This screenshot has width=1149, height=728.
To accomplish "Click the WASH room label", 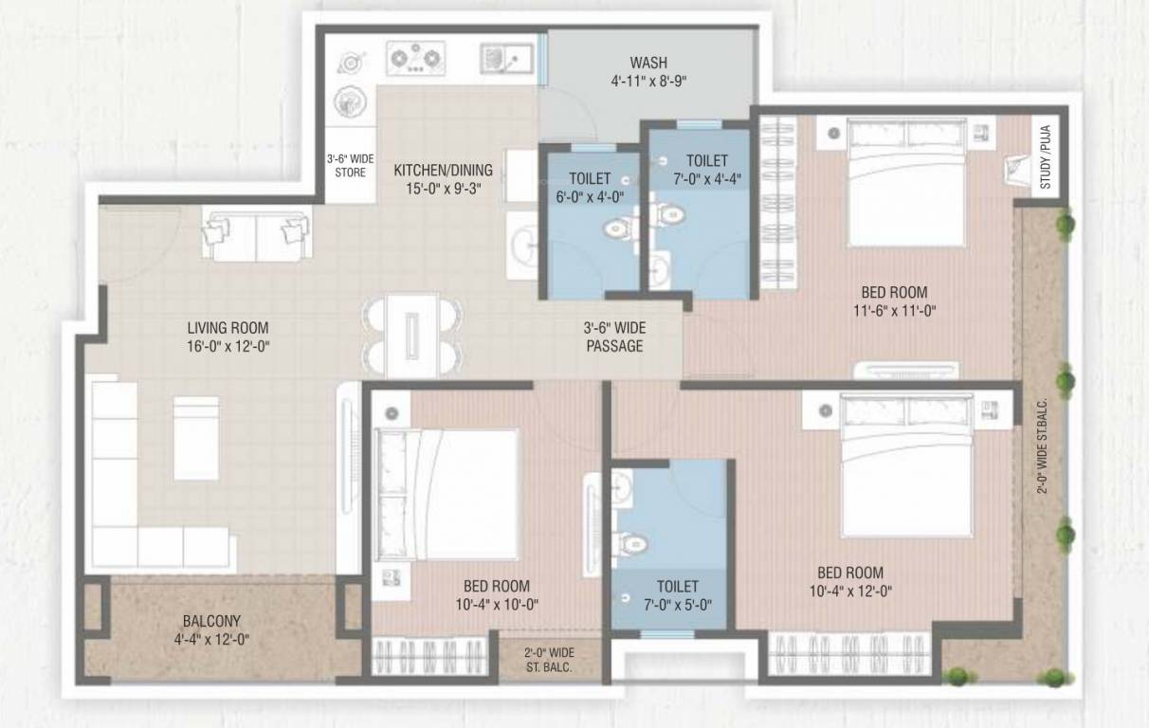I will click(x=647, y=64).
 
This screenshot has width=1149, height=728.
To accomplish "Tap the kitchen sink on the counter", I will click(x=502, y=59).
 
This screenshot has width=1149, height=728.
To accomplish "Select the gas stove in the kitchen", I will click(x=416, y=60).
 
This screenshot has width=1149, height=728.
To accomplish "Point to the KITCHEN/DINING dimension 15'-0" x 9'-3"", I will click(x=444, y=188).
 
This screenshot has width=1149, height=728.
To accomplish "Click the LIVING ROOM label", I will click(x=228, y=328).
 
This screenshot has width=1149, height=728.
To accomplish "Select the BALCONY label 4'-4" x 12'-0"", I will click(x=211, y=629).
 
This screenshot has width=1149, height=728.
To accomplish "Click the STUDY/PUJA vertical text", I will click(x=1046, y=164).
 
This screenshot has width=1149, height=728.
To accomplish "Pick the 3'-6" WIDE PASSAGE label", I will click(x=613, y=337).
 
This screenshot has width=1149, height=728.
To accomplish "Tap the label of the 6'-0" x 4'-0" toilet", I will click(x=590, y=188).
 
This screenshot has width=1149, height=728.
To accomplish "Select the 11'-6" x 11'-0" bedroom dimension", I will click(x=894, y=310).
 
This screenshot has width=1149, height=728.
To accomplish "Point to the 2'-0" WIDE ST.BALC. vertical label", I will click(x=1041, y=446).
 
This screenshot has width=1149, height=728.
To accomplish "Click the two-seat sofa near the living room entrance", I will click(x=256, y=236).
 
